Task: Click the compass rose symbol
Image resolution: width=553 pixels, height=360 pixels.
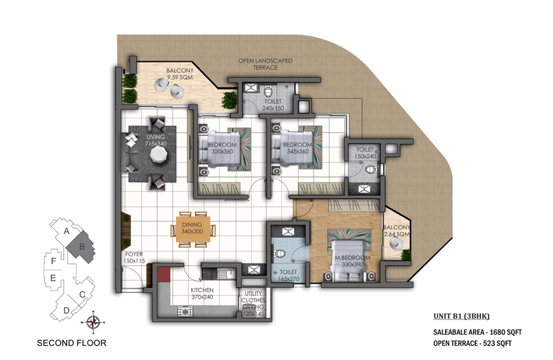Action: [93, 322]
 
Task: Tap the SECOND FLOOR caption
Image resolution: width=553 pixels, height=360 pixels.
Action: [71, 343]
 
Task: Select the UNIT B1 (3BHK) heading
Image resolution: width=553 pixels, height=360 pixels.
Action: [461, 316]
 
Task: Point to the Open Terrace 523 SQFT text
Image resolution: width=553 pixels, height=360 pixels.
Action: [472, 343]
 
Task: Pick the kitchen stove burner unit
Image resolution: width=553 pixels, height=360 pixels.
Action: [185, 311]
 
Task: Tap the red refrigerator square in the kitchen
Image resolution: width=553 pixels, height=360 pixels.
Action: [164, 275]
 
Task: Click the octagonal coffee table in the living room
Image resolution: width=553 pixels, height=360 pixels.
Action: [158, 154]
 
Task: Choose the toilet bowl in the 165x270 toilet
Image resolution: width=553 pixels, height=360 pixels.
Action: [280, 254]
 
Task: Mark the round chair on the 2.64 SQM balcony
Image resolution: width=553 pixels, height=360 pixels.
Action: [395, 243]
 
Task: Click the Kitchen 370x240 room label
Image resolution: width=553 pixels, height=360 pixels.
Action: [202, 293]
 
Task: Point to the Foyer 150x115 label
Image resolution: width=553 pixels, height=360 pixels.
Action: [135, 257]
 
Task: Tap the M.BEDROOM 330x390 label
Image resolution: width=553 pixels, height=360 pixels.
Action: [352, 261]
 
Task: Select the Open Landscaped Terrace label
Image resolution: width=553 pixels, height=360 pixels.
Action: [265, 64]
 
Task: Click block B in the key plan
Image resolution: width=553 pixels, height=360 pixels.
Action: [81, 247]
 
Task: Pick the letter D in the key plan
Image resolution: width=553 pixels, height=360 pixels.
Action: [67, 311]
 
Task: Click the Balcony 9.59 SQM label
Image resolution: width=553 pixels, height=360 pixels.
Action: [180, 74]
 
